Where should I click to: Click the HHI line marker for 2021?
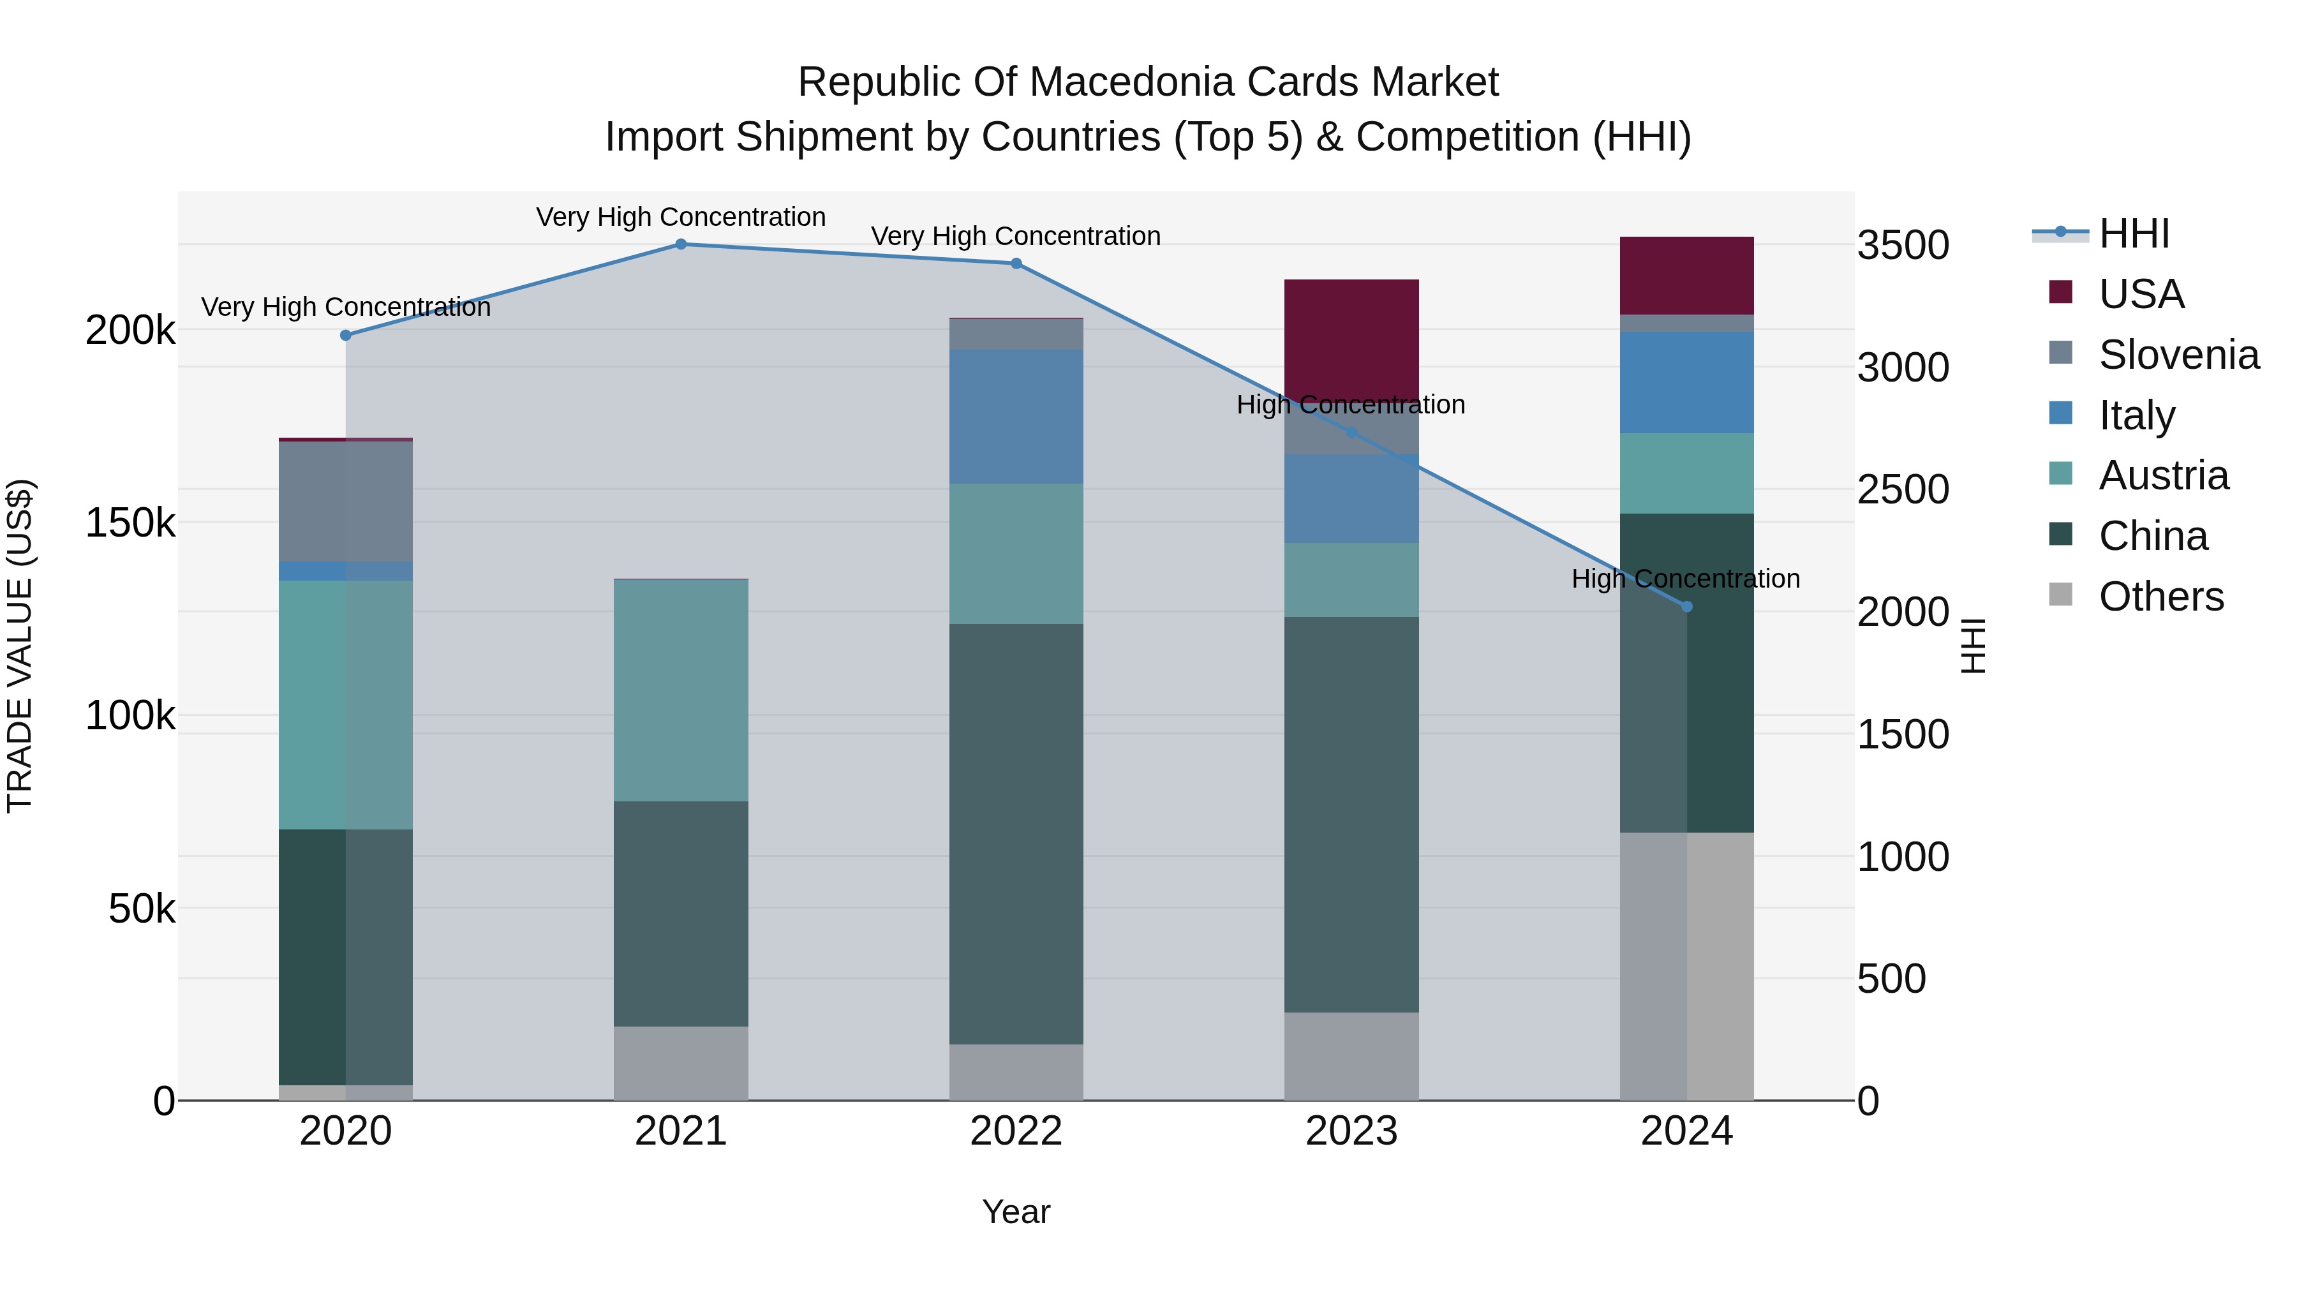pyautogui.click(x=680, y=244)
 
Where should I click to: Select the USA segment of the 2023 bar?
pyautogui.click(x=1351, y=339)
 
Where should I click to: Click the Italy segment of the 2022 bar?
pyautogui.click(x=1016, y=417)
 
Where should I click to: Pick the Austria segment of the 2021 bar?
pyautogui.click(x=680, y=690)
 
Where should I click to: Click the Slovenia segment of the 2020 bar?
pyautogui.click(x=345, y=501)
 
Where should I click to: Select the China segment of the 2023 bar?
pyautogui.click(x=1351, y=814)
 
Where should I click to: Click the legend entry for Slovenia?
pyautogui.click(x=2178, y=355)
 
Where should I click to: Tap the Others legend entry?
pyautogui.click(x=2160, y=597)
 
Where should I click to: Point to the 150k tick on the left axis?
pyautogui.click(x=130, y=523)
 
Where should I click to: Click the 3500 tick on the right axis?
pyautogui.click(x=1903, y=245)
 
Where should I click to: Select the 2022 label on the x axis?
pyautogui.click(x=1016, y=1131)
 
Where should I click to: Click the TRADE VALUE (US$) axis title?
pyautogui.click(x=20, y=646)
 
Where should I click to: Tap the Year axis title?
pyautogui.click(x=1016, y=1212)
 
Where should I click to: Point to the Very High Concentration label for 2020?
pyautogui.click(x=346, y=307)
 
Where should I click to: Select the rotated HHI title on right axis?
pyautogui.click(x=1974, y=646)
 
